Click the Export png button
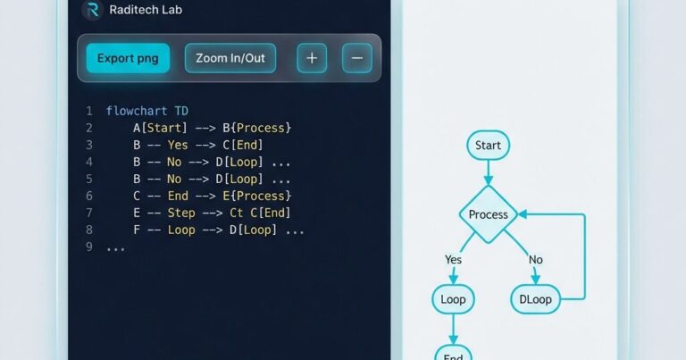click(128, 58)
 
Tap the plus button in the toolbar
click(312, 58)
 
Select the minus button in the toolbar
click(357, 58)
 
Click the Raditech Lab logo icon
click(92, 10)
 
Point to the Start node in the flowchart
click(488, 146)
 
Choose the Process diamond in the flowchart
click(489, 214)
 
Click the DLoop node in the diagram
click(536, 299)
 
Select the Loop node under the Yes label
click(453, 299)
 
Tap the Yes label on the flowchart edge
click(453, 259)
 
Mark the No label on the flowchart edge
click(536, 259)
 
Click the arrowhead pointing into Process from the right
click(523, 214)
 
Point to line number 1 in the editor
click(89, 111)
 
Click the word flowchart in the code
click(137, 111)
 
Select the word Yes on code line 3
click(178, 145)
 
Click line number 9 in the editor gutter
click(89, 247)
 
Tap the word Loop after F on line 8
click(181, 230)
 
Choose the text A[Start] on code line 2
click(160, 128)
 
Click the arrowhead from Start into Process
click(489, 180)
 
